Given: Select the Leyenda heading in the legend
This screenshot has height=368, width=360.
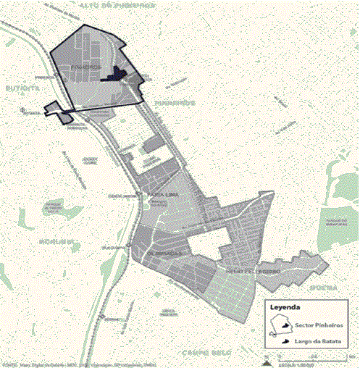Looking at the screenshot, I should pos(285,307).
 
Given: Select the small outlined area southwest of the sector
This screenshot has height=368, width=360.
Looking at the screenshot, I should pos(58,109).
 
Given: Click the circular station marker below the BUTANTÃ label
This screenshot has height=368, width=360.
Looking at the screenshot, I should pos(24,110).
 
